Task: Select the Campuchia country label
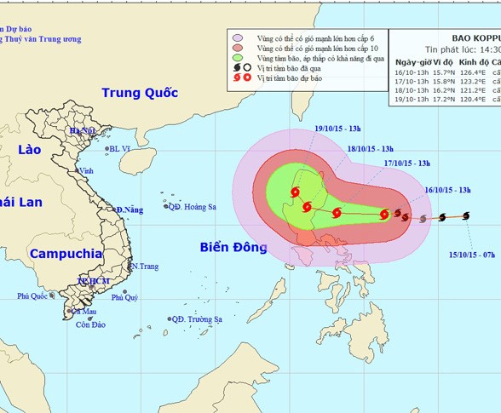pyautogui.click(x=66, y=254)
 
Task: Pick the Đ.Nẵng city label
pyautogui.click(x=130, y=209)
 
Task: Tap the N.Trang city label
pyautogui.click(x=145, y=267)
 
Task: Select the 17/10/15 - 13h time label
pyautogui.click(x=406, y=163)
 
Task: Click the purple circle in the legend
pyautogui.click(x=239, y=38)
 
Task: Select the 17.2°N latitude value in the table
pyautogui.click(x=444, y=99)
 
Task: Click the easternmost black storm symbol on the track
pyautogui.click(x=466, y=216)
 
